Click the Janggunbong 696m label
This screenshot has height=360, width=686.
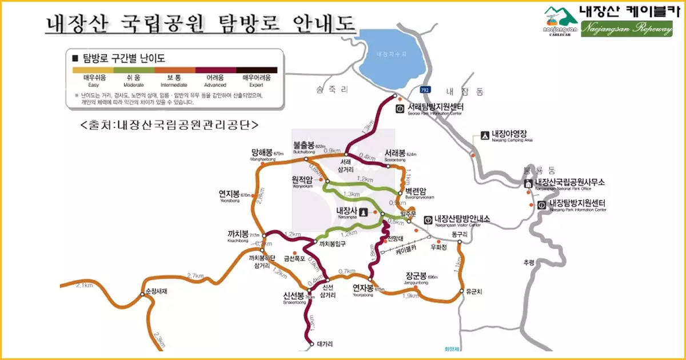pos(417,277)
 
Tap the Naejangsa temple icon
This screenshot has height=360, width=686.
pos(363,211)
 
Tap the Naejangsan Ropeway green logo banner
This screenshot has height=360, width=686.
pos(627,29)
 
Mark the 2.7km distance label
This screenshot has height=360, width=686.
pos(196,277)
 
